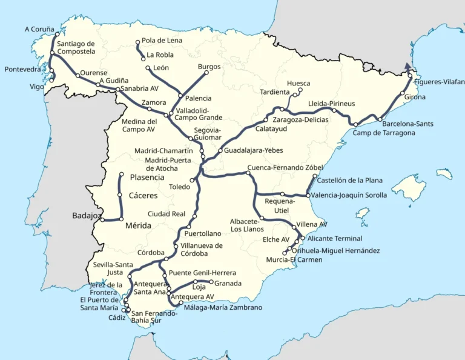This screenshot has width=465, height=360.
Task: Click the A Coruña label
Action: point(39,28)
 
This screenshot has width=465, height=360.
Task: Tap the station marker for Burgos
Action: point(206,73)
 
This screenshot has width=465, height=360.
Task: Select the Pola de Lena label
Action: point(162,41)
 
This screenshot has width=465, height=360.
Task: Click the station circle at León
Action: point(148,68)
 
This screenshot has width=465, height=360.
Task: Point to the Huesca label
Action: point(298,84)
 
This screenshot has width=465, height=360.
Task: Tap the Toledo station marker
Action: point(192,180)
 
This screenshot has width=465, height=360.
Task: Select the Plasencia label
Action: point(147,178)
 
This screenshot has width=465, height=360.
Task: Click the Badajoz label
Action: point(86,215)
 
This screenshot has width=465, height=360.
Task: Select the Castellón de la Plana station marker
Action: point(315,176)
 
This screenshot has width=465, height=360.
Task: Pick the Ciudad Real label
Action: point(167,214)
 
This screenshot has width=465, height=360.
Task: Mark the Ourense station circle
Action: point(77,76)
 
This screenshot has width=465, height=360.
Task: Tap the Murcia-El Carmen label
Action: point(294,260)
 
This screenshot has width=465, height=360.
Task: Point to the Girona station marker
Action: point(403,93)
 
